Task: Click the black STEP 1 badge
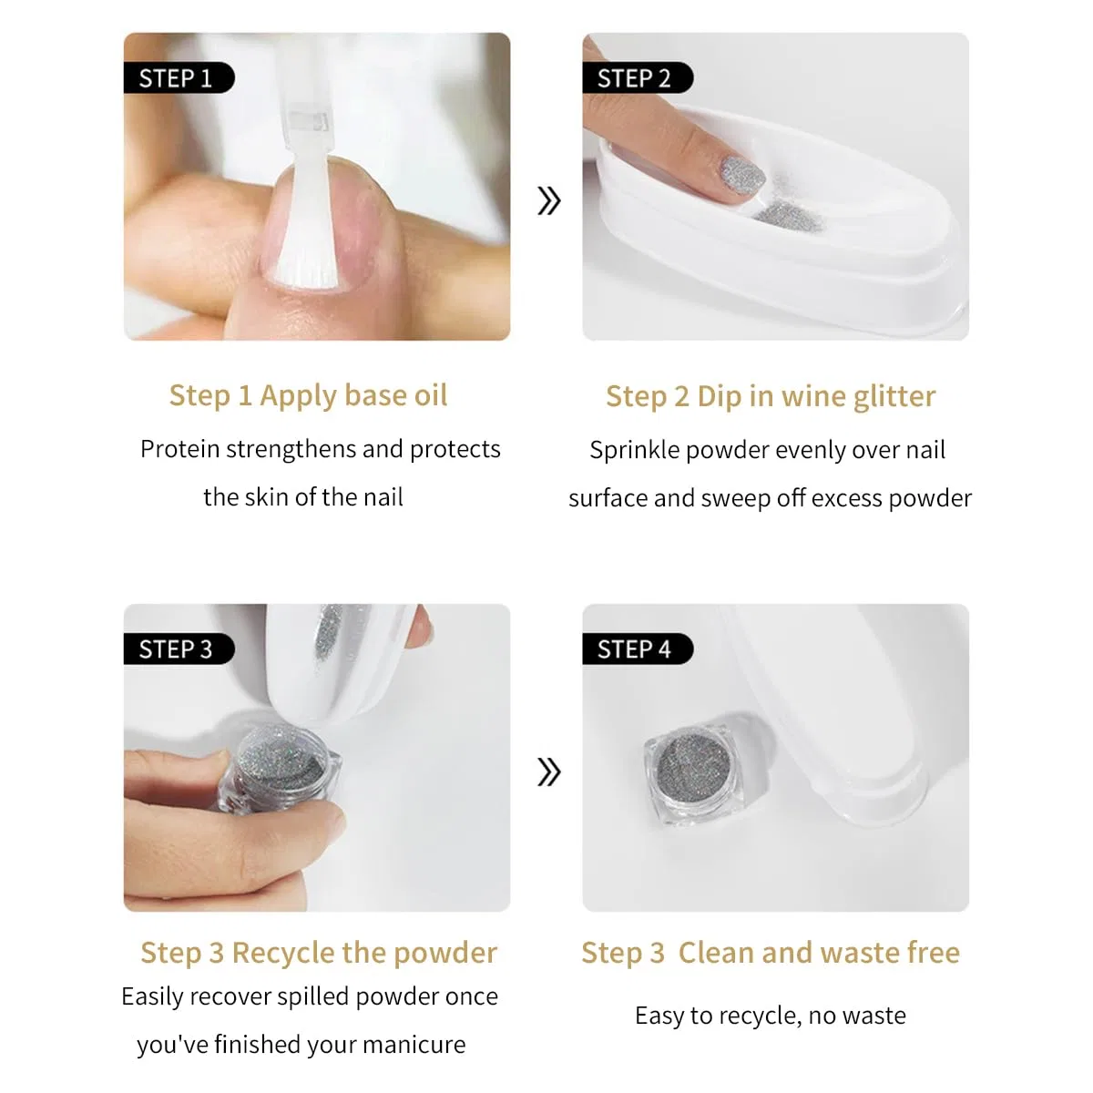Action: pos(179,77)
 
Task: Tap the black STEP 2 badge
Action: pos(637,77)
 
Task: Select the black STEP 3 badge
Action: pos(179,649)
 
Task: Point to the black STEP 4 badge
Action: pos(637,649)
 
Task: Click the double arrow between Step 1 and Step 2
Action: pos(548,200)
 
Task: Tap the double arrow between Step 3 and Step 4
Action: pos(548,772)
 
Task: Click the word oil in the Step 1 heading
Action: pos(431,394)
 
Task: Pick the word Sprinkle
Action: pos(634,450)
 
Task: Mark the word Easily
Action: pos(152,996)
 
